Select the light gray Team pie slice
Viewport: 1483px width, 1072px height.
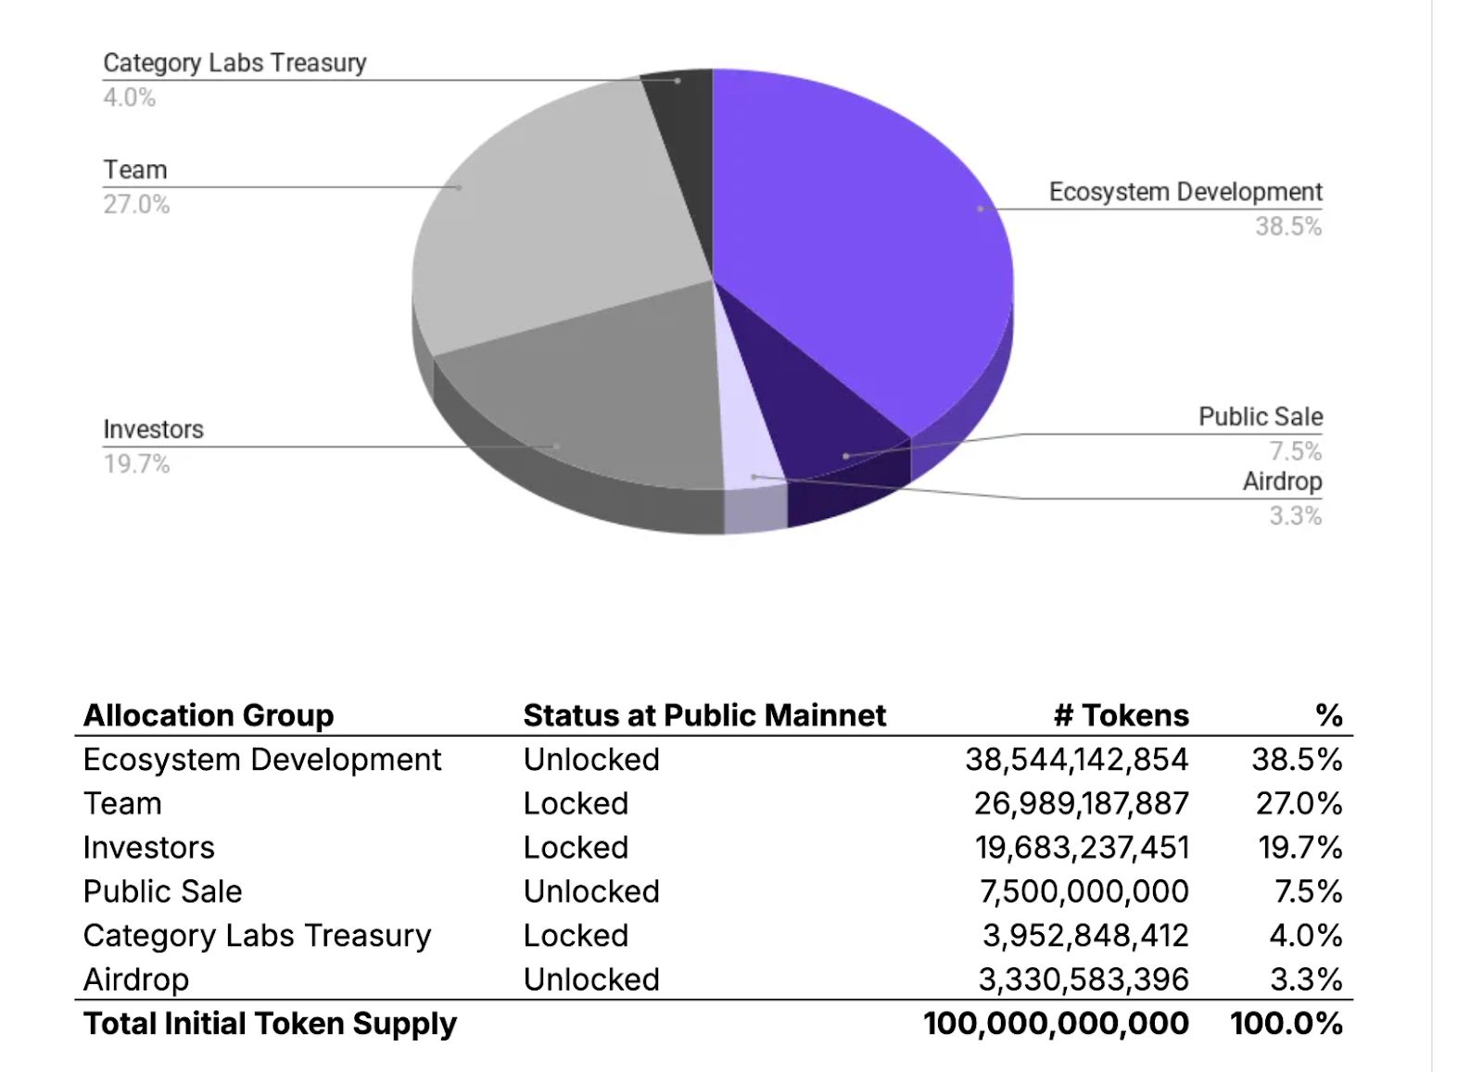point(556,222)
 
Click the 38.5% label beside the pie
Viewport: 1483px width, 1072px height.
point(1287,226)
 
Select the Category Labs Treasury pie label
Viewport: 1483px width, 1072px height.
point(234,63)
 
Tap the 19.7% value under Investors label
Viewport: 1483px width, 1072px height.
point(136,463)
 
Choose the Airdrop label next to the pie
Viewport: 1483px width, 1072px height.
point(1282,482)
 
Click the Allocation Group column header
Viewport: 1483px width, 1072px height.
point(209,715)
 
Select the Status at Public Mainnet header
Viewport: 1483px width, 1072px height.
point(704,715)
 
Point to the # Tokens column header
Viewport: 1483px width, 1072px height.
point(1121,715)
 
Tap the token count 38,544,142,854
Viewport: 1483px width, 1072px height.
point(1076,760)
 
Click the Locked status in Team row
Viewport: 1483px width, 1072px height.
point(576,803)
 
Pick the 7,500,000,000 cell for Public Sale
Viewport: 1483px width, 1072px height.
point(1084,891)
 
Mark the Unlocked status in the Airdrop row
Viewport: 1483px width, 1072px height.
point(591,979)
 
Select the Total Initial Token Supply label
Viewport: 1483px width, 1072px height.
point(270,1024)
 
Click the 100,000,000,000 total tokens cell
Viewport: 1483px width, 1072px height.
point(1056,1024)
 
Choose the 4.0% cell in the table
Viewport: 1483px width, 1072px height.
point(1305,936)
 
